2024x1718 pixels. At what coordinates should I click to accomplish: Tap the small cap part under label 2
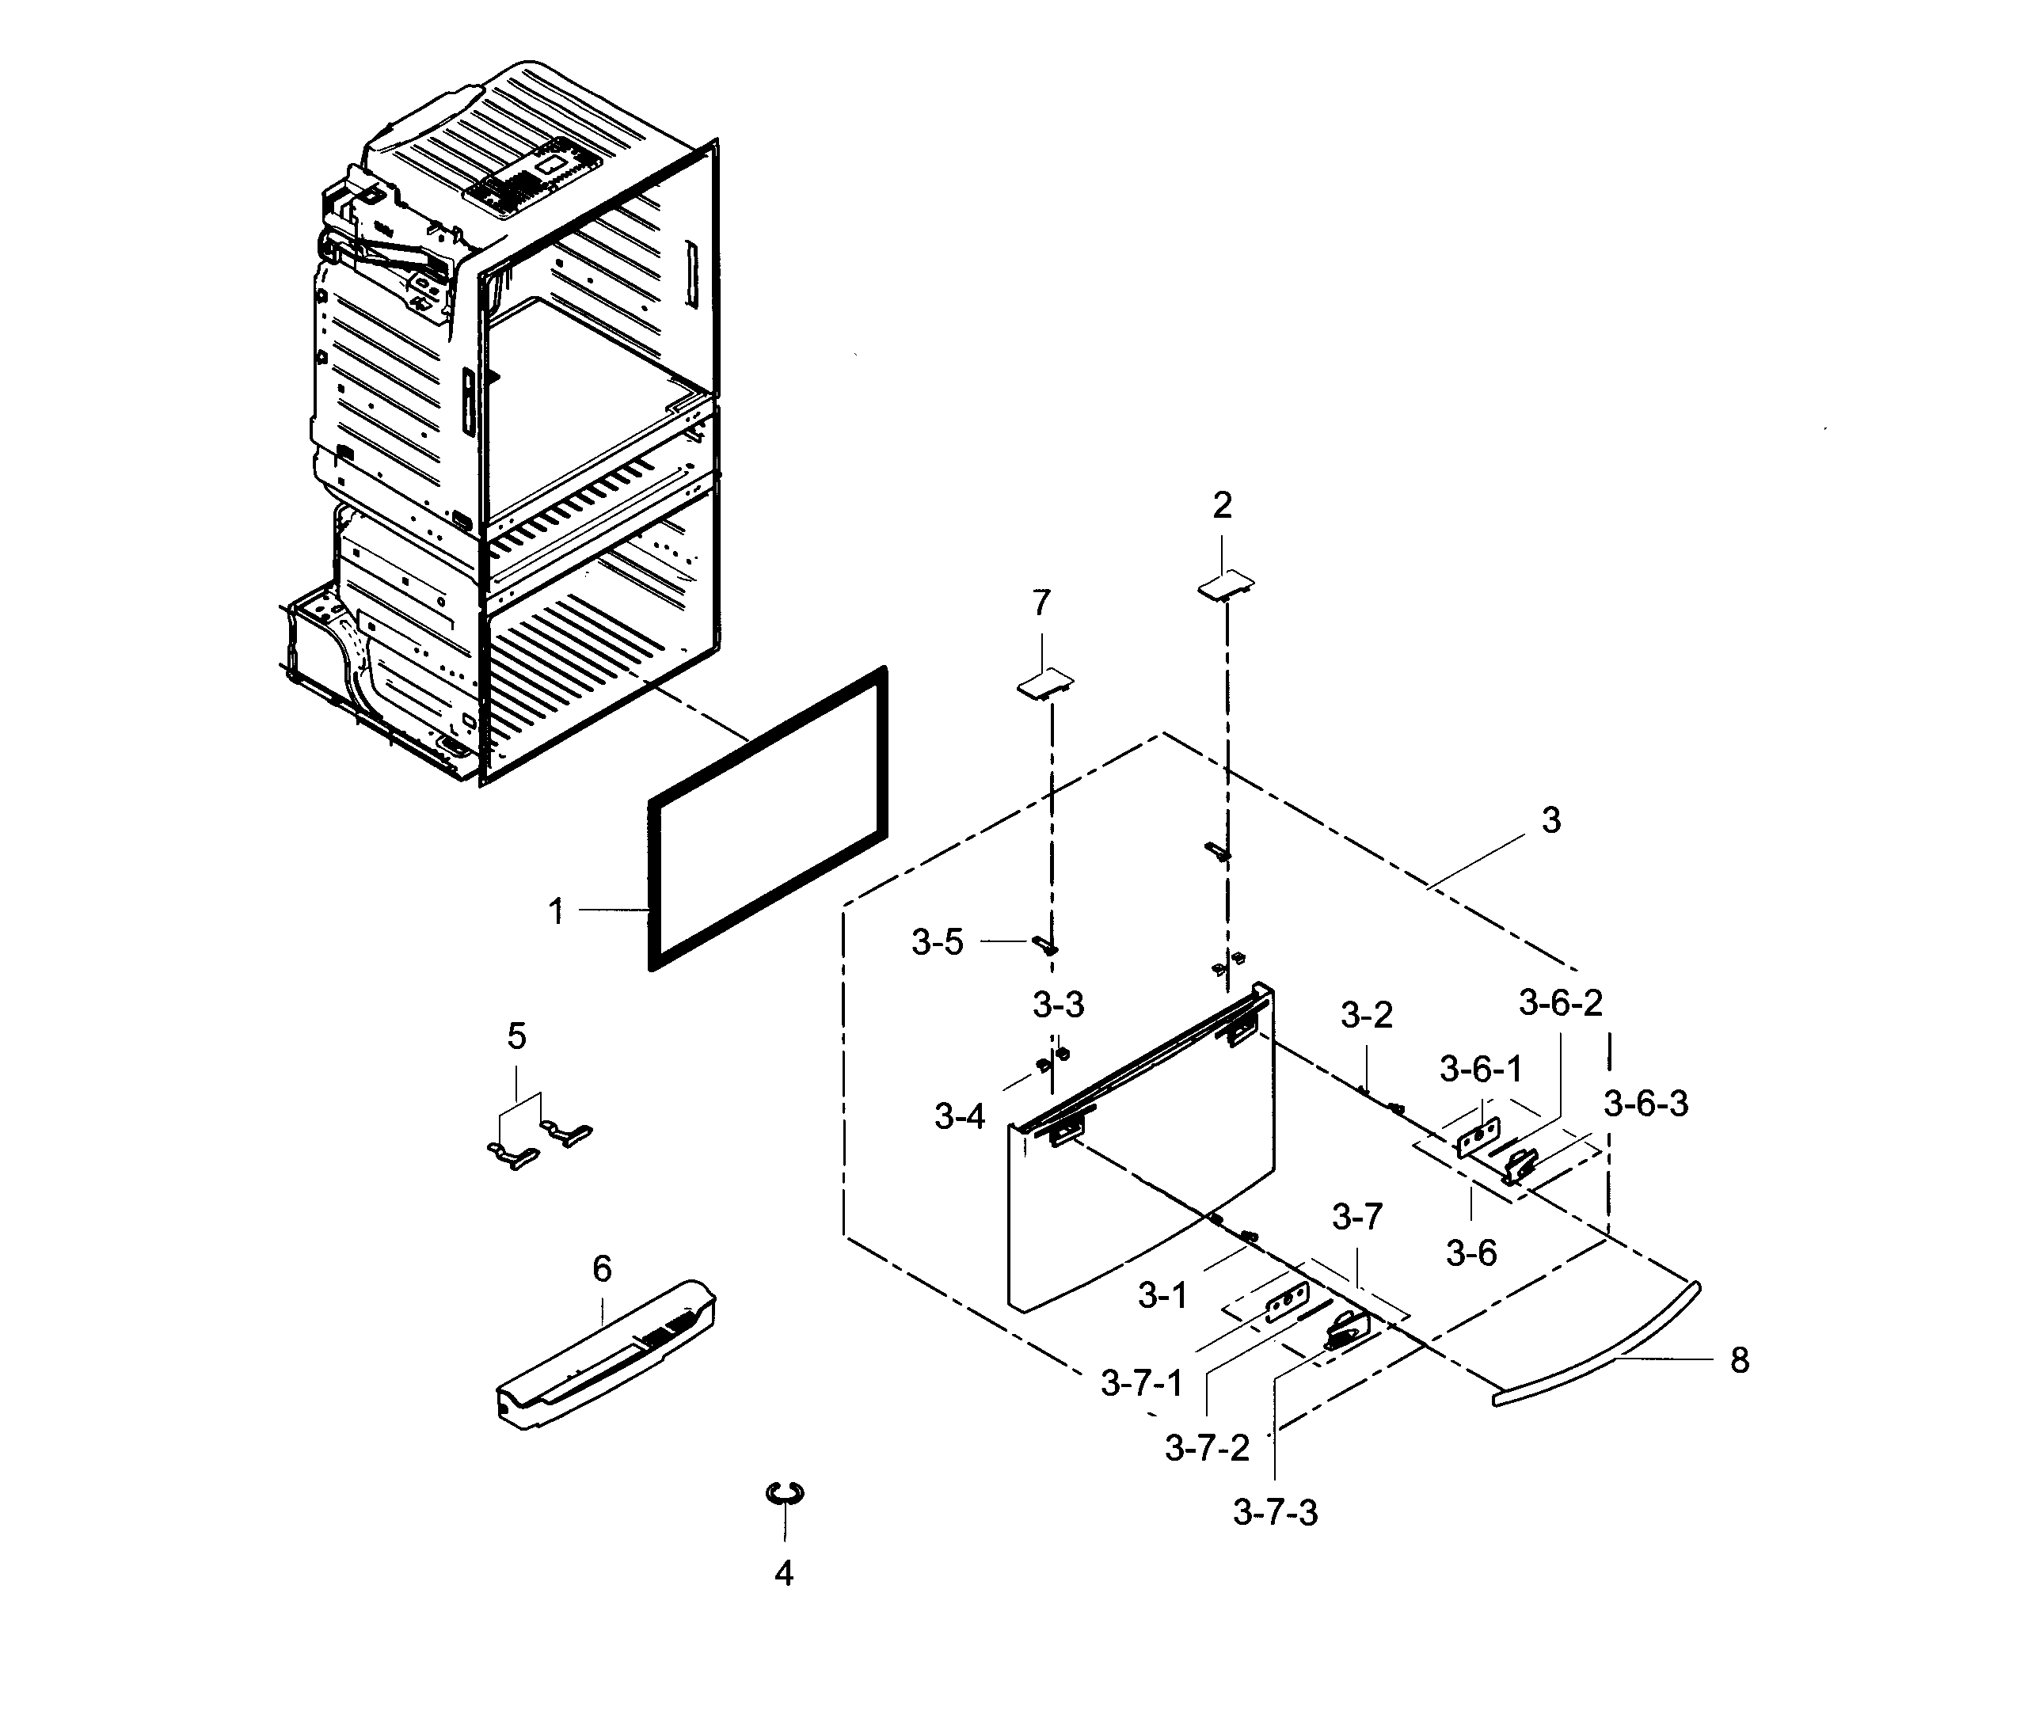(x=1225, y=584)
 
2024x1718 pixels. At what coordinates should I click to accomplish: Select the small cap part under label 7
(x=1045, y=685)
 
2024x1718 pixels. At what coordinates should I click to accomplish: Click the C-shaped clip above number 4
(x=785, y=1493)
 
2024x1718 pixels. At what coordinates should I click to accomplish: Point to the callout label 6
(x=602, y=1268)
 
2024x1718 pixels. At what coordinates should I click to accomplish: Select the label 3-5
(x=937, y=942)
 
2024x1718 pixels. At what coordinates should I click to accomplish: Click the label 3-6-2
(x=1561, y=1002)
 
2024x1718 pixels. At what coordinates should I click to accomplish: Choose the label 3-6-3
(x=1646, y=1104)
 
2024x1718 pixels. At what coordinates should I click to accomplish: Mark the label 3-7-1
(x=1142, y=1382)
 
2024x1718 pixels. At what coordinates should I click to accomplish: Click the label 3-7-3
(x=1275, y=1512)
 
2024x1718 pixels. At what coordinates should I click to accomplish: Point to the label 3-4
(x=960, y=1116)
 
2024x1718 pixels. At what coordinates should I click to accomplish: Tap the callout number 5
(x=516, y=1036)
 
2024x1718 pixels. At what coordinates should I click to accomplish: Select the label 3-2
(x=1367, y=1015)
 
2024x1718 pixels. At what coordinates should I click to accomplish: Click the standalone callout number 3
(x=1551, y=820)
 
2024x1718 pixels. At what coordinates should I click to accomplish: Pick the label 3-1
(x=1163, y=1294)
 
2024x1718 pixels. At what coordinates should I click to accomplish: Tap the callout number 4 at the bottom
(x=784, y=1573)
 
